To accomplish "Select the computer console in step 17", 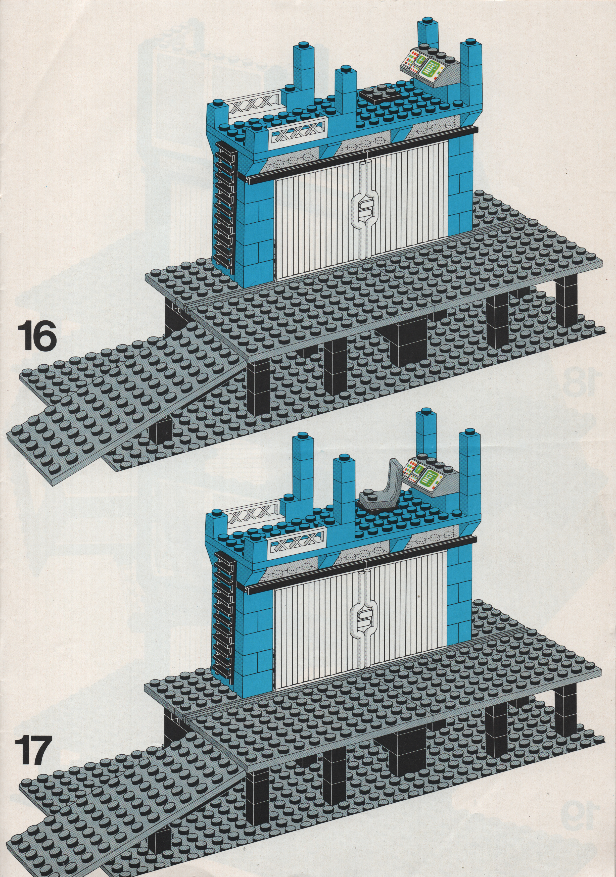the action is pyautogui.click(x=430, y=474).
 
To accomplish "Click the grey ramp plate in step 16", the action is pyautogui.click(x=126, y=397).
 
